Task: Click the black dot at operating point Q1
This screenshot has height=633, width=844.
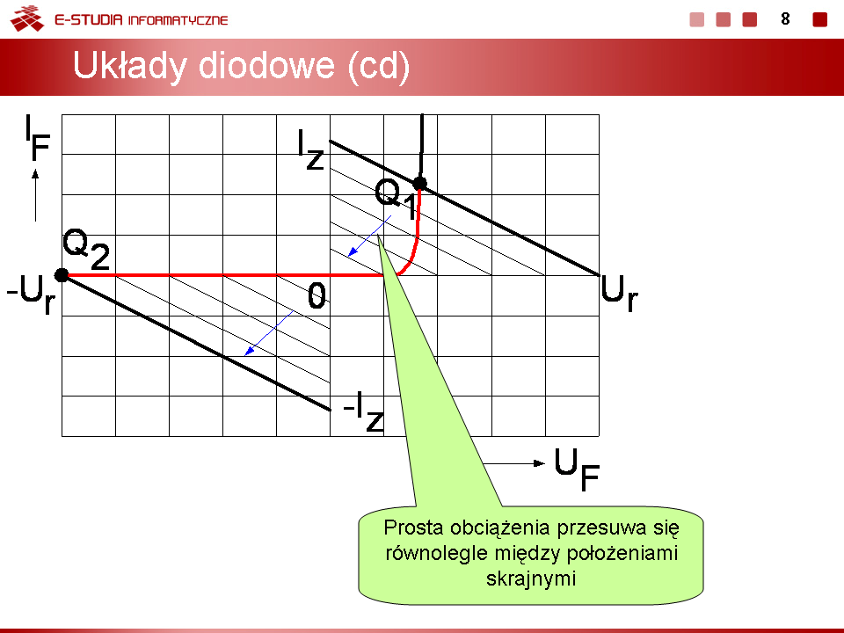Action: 420,184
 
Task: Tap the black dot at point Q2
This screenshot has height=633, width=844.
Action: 62,275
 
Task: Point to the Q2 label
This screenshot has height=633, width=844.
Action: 86,249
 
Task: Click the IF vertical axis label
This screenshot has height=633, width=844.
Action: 38,138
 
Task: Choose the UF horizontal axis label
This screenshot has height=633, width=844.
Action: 577,469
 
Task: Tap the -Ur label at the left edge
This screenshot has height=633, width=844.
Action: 31,294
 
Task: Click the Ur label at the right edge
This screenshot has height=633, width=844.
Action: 620,293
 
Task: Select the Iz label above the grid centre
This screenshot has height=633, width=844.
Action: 311,150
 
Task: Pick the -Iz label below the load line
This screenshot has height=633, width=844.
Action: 364,411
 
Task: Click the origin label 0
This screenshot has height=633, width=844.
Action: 317,295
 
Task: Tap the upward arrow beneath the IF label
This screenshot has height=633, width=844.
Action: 35,195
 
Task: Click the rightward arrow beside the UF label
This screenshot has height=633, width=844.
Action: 514,463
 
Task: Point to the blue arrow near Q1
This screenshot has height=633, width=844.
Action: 370,236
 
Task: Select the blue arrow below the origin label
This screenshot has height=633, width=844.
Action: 269,332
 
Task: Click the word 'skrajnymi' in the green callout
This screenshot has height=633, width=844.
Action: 531,578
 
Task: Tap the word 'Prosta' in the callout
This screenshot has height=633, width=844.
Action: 414,527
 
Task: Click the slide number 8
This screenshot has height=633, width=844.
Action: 785,19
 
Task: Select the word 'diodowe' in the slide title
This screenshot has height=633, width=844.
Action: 266,66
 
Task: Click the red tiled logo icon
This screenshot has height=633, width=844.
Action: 27,18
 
